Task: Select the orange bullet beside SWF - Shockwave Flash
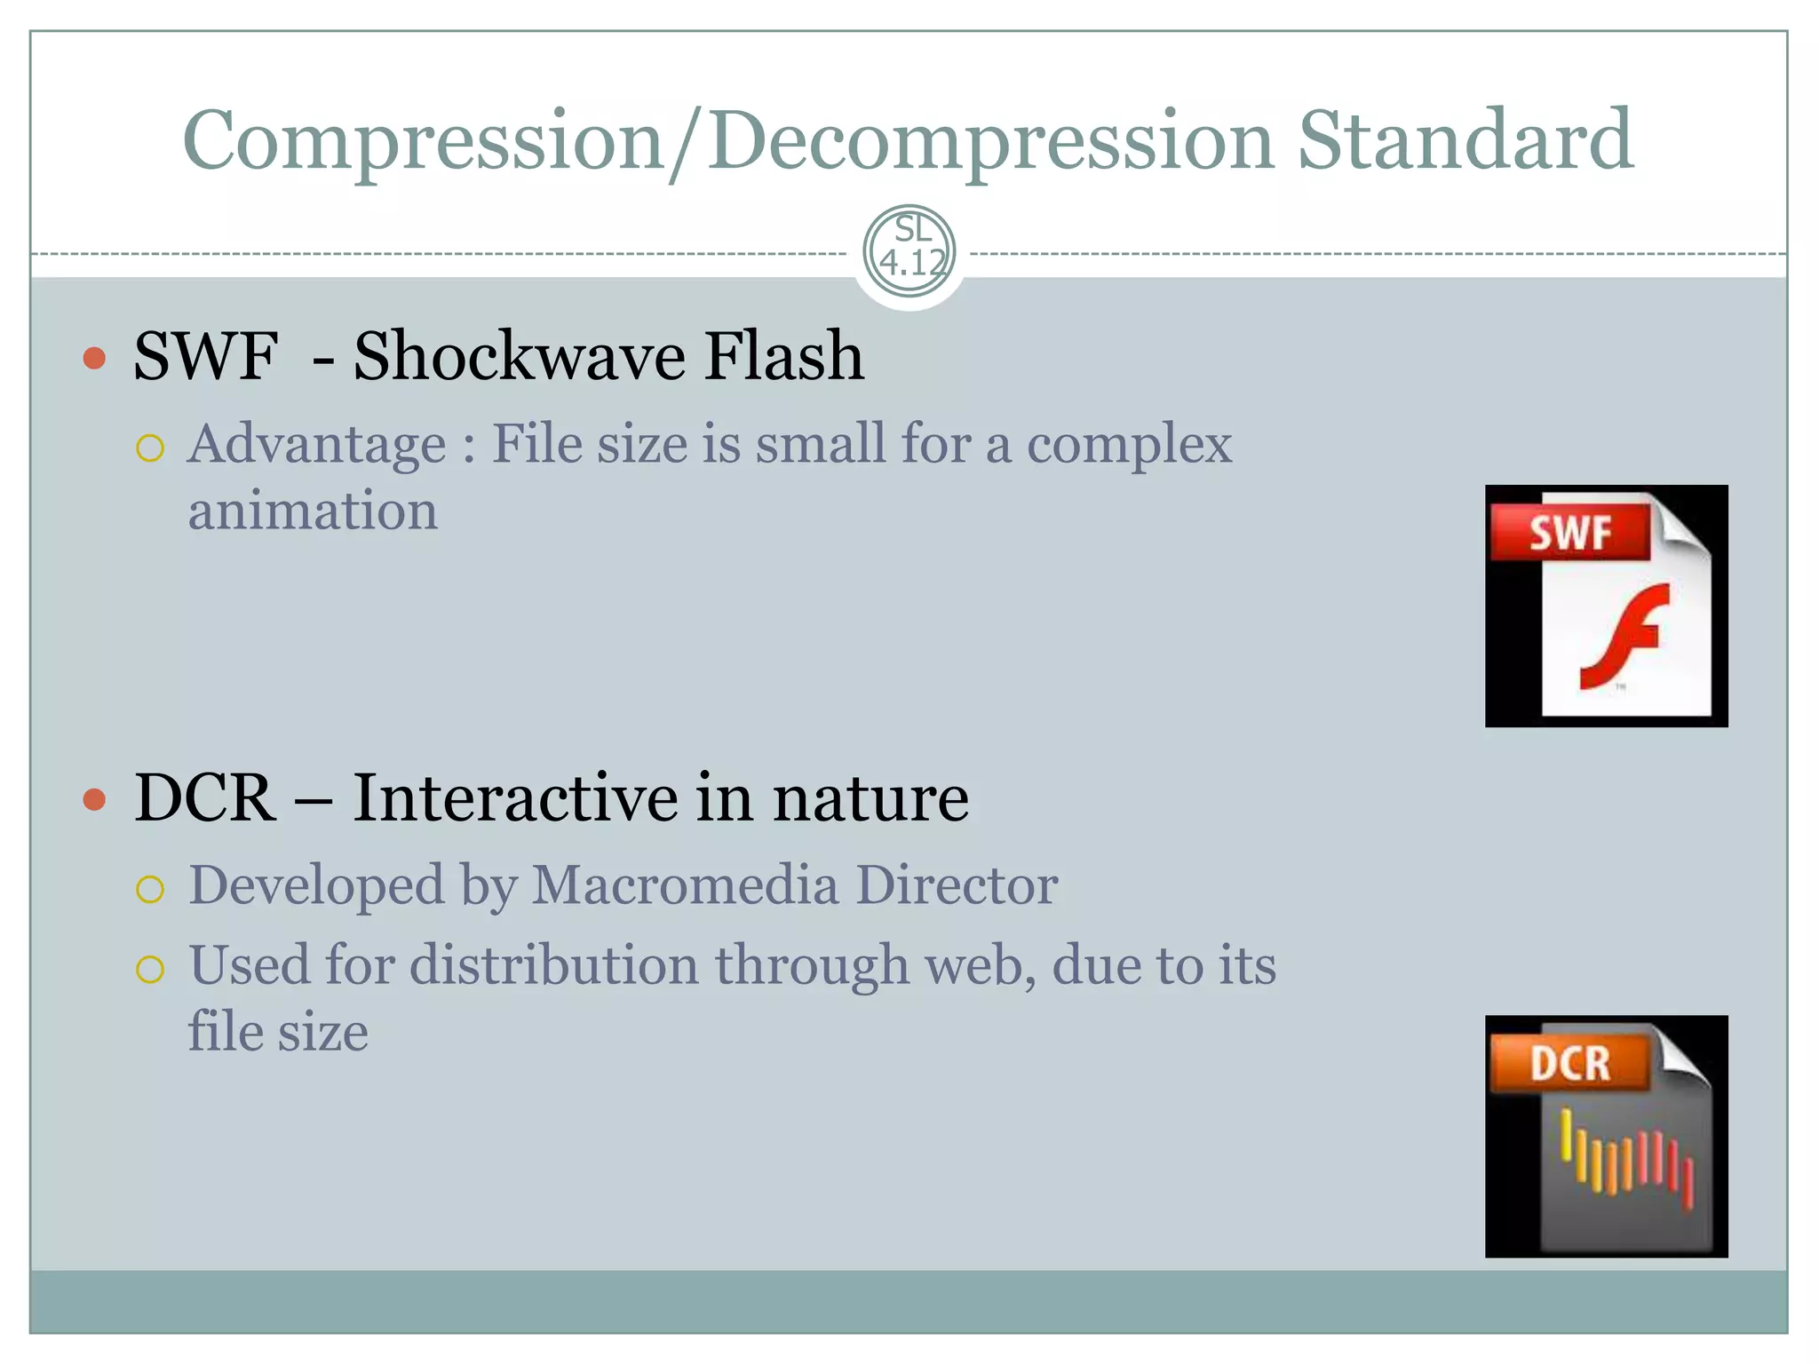(94, 359)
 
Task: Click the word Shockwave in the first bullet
(520, 356)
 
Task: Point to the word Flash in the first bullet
(783, 356)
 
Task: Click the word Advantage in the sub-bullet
(317, 444)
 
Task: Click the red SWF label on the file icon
(1569, 533)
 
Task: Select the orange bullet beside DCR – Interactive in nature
(94, 799)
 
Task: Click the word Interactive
(515, 797)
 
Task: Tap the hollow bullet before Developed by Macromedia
(150, 889)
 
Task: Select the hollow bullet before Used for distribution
(150, 969)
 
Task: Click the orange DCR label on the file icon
(1569, 1063)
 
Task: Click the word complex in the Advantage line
(1129, 444)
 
